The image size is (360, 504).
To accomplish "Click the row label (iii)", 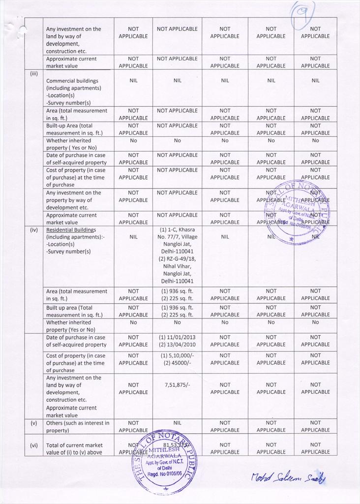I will (34, 73).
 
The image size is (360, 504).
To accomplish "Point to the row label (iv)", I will (34, 230).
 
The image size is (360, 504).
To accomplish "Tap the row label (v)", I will (34, 423).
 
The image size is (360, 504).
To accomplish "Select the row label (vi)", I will (34, 445).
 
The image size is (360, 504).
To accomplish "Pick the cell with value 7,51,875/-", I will (177, 385).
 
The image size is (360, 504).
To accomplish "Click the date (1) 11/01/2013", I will (177, 338).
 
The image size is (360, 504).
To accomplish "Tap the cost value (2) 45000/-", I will (177, 363).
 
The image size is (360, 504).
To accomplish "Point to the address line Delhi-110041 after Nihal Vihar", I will (177, 282).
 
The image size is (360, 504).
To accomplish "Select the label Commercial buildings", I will (72, 81).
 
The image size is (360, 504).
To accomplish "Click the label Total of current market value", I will (74, 448).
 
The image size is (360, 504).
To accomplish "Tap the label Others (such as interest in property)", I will (78, 426).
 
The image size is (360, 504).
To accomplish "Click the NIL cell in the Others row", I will (177, 423).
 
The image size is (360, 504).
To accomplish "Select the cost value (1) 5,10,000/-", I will (177, 355).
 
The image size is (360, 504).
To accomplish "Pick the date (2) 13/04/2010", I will (177, 345).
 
